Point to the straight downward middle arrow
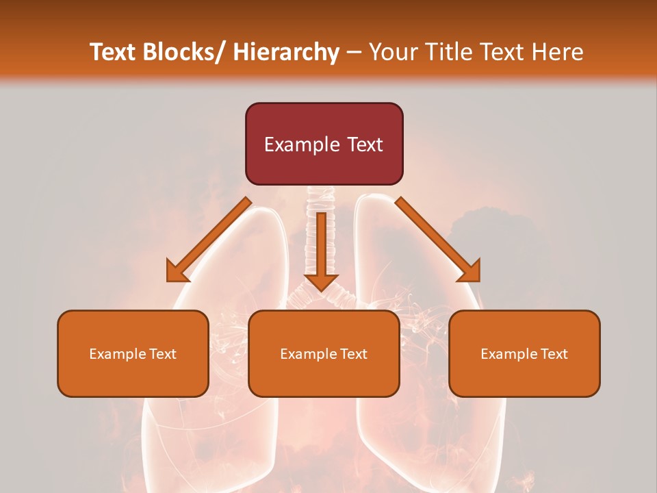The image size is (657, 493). click(x=321, y=246)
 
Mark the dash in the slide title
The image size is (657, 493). click(x=354, y=52)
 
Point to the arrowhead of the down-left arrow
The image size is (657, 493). click(x=177, y=272)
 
